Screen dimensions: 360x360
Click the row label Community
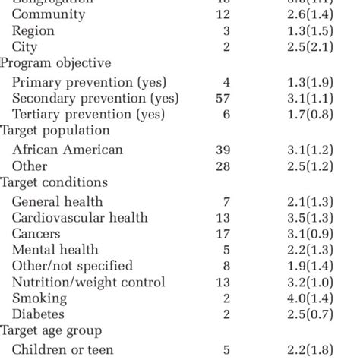click(x=47, y=14)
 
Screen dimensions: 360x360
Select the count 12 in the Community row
click(x=222, y=14)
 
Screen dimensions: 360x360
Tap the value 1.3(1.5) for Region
click(x=326, y=30)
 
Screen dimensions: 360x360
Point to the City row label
click(x=26, y=46)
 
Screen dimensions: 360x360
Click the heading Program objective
click(x=55, y=63)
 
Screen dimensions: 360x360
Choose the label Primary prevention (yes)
click(x=89, y=82)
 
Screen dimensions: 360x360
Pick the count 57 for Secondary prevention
click(x=222, y=98)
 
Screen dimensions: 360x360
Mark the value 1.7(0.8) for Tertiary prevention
click(x=326, y=114)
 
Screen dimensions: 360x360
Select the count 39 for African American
click(x=222, y=150)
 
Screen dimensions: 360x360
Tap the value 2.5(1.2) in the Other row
click(x=326, y=166)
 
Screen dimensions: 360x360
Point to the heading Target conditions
click(x=54, y=182)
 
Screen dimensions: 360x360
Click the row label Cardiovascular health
click(x=80, y=218)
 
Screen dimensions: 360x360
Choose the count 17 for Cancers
click(x=222, y=234)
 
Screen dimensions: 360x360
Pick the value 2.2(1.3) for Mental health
click(x=326, y=250)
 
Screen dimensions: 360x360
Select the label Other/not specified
click(x=72, y=266)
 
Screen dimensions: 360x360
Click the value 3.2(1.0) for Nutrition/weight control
click(x=326, y=283)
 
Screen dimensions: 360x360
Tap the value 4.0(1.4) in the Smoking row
click(x=326, y=298)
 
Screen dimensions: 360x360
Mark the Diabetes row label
click(x=38, y=314)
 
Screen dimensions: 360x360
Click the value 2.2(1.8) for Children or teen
click(x=326, y=350)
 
